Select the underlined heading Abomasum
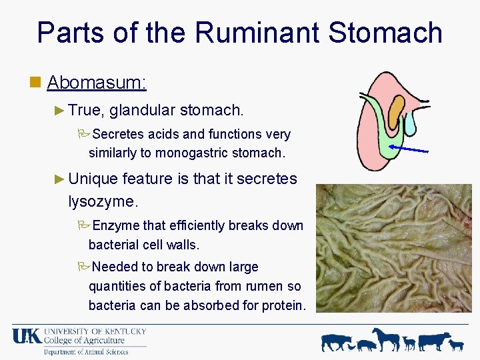(x=97, y=83)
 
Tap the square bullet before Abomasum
(x=36, y=83)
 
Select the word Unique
(x=93, y=179)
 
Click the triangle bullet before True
(x=59, y=109)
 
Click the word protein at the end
(x=284, y=305)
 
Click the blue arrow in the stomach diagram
(x=408, y=149)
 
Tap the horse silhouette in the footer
(x=387, y=339)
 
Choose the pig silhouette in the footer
(x=366, y=345)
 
